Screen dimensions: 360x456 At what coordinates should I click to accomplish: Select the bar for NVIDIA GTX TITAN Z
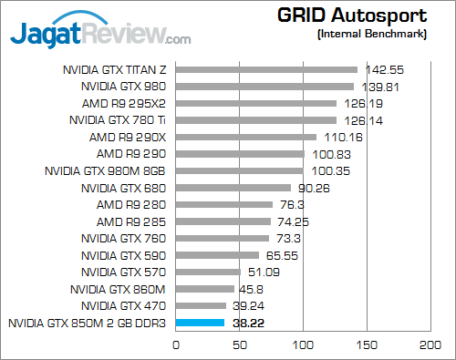(265, 69)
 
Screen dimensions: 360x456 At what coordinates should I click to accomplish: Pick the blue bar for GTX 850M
(200, 323)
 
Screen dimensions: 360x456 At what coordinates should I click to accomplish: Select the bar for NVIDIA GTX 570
(208, 272)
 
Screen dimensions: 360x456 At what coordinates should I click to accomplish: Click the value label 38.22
(248, 323)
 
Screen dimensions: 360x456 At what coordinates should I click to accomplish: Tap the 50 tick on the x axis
(239, 345)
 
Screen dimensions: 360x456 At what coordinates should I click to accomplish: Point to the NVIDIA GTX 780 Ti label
(119, 119)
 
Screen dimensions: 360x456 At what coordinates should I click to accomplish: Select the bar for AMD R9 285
(223, 221)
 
